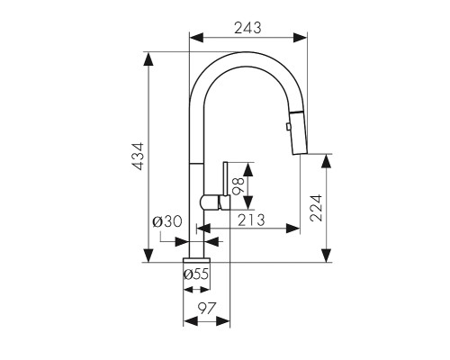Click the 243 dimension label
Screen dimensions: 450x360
247,28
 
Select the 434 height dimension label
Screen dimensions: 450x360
139,157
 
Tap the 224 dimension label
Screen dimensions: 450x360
316,208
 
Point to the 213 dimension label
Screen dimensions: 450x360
251,220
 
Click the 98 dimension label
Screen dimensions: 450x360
239,186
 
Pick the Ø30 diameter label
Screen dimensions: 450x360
167,221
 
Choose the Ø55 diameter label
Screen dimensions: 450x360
196,274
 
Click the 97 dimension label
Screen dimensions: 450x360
207,308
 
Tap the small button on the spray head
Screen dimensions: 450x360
288,127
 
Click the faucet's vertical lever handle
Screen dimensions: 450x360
226,179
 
